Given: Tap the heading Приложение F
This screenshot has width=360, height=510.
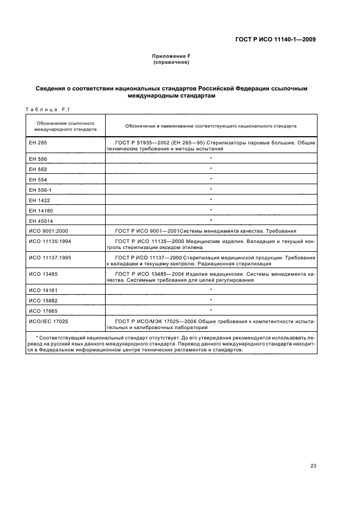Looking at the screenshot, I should (171, 57).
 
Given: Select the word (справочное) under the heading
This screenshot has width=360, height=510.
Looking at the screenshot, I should (171, 63).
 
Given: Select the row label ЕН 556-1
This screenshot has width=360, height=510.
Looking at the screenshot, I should (40, 190).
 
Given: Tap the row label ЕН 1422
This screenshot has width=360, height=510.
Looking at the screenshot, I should (39, 200).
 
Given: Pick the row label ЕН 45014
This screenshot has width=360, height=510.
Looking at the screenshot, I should (40, 221).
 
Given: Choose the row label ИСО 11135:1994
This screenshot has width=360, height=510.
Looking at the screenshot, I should (50, 241).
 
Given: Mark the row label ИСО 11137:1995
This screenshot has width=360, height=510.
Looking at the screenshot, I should (50, 257).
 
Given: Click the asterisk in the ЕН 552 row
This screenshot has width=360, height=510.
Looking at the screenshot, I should (211, 169).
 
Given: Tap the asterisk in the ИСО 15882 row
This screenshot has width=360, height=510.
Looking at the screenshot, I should (211, 300).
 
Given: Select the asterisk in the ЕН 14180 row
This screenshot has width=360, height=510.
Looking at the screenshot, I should (211, 210).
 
